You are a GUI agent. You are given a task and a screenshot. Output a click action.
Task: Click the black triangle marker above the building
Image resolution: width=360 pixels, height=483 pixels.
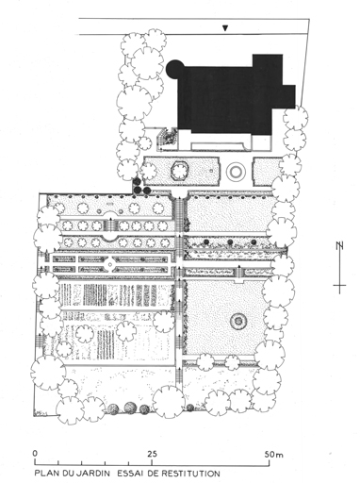(x=225, y=28)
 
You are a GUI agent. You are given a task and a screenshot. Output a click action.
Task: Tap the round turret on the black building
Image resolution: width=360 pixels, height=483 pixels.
(x=174, y=69)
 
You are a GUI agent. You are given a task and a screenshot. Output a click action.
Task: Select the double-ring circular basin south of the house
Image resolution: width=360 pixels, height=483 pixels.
(x=236, y=172)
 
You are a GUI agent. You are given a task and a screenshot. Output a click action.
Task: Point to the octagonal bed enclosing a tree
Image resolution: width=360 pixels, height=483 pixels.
(x=179, y=172)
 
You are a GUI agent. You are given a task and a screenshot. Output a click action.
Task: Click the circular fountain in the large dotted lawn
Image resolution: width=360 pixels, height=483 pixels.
(x=238, y=321)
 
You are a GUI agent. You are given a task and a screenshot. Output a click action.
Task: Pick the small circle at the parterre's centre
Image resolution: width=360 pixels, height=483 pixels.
(x=110, y=264)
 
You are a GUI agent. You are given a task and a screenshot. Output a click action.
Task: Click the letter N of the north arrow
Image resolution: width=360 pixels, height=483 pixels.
(x=339, y=245)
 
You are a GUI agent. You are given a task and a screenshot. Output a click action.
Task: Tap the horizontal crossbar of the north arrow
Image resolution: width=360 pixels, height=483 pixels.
(x=339, y=286)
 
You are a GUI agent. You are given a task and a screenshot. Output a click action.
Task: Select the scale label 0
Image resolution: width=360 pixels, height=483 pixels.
(x=35, y=454)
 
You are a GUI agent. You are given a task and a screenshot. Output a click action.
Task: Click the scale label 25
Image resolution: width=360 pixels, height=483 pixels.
(x=153, y=454)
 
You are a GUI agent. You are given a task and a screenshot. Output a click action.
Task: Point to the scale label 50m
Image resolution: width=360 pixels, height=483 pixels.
(x=273, y=455)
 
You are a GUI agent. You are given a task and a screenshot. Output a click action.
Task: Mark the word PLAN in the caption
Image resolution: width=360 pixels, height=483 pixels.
(x=45, y=473)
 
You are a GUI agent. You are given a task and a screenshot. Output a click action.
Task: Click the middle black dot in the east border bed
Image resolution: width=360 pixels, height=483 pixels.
(x=230, y=241)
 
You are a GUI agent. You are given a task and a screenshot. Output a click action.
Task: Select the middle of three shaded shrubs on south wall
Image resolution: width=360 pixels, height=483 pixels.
(x=130, y=408)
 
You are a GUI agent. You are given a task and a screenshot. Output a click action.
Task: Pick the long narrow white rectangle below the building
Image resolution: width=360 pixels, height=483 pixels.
(x=219, y=145)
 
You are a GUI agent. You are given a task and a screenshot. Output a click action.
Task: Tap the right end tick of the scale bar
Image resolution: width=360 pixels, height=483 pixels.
(x=270, y=462)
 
